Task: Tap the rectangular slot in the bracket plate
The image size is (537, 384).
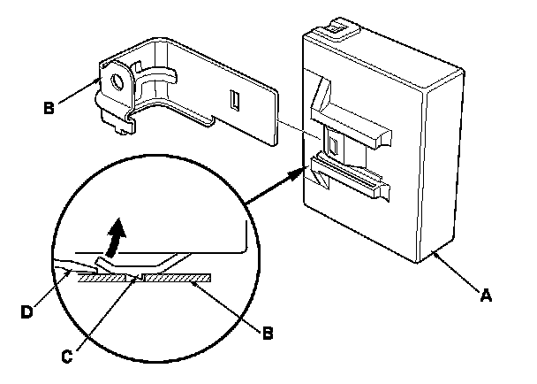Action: (233, 98)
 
